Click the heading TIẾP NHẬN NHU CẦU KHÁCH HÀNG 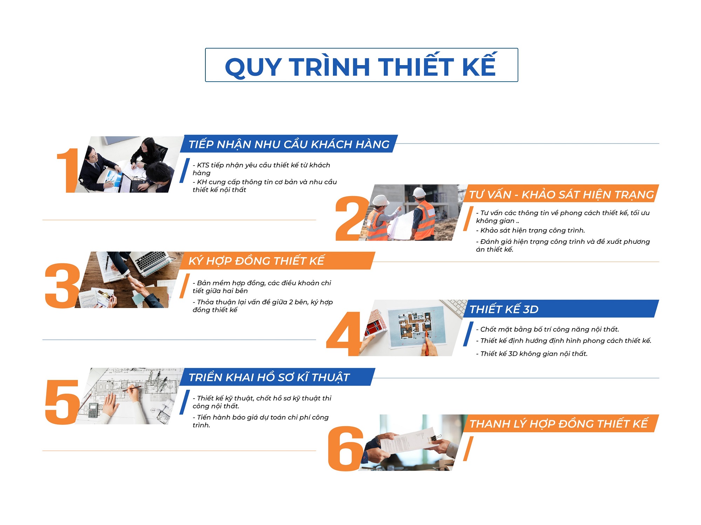[289, 144]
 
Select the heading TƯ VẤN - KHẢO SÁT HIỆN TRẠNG [561, 194]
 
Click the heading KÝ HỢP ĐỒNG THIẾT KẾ [257, 261]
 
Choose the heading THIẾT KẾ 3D [504, 309]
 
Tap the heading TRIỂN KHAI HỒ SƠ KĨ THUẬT [269, 377]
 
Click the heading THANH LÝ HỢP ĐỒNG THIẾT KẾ [559, 424]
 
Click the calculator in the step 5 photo [93, 410]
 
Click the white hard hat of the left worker [381, 201]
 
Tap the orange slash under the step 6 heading [468, 449]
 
